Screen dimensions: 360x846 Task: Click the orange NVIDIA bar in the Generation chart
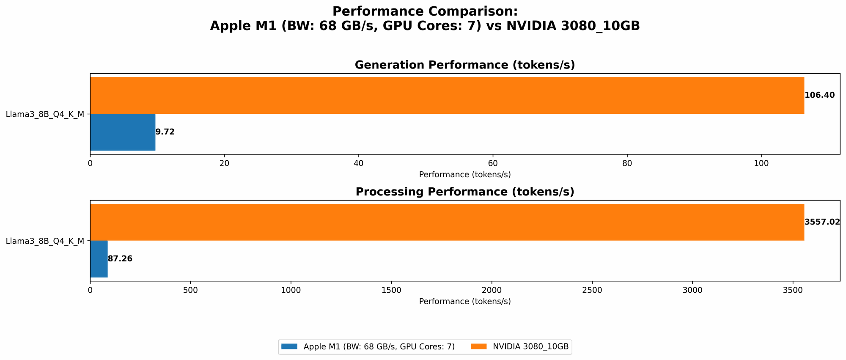pos(447,95)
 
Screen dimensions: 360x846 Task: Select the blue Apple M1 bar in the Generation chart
pos(123,132)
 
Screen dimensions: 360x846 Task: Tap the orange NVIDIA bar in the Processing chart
pos(447,222)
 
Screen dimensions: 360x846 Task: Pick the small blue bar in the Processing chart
pos(99,259)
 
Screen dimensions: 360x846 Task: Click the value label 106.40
pos(819,95)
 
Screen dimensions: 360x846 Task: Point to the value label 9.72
pos(165,132)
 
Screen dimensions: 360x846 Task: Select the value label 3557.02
pos(822,222)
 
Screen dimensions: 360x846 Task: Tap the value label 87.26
pos(120,259)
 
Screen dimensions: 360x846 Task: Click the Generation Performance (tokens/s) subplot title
pos(465,65)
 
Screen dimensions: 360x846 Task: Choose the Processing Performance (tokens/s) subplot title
pos(465,192)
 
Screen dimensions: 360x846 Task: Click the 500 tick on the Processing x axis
pos(190,290)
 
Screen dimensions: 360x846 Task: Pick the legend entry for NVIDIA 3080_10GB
pos(530,347)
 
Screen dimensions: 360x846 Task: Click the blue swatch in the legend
pos(290,347)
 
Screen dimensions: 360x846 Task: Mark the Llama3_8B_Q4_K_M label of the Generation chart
pos(45,114)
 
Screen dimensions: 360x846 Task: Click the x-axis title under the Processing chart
pos(465,302)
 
